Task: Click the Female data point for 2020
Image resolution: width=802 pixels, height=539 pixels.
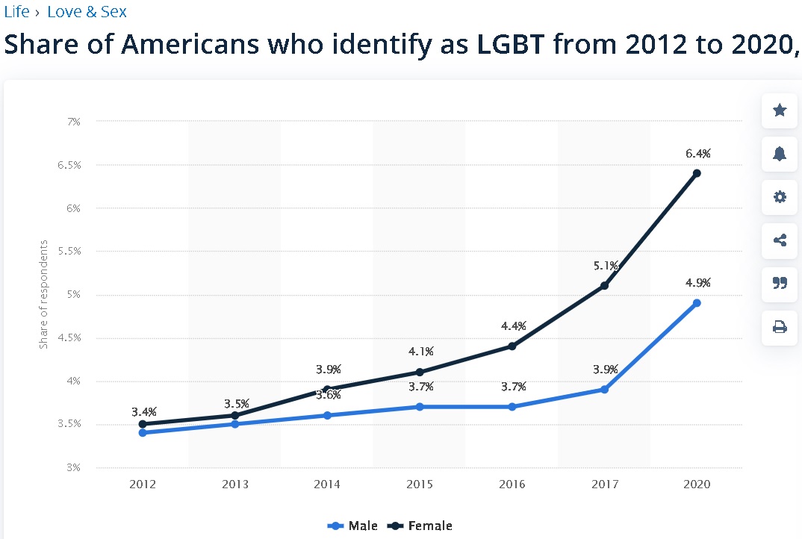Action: tap(697, 173)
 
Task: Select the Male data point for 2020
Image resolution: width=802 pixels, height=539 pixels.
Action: tap(697, 303)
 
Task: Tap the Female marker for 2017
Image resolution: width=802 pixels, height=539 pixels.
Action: tap(604, 286)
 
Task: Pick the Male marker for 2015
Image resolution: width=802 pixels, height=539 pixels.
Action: tap(420, 407)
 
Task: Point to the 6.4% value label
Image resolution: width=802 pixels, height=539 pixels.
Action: tap(698, 154)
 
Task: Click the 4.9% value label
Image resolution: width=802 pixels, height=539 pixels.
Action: tap(698, 283)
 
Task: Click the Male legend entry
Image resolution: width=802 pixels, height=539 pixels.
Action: tap(353, 526)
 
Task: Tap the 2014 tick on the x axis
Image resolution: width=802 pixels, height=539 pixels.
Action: tap(327, 484)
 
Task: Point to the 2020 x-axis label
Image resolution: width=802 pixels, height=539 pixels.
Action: tap(697, 484)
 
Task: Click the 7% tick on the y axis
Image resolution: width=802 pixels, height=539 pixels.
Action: tap(73, 121)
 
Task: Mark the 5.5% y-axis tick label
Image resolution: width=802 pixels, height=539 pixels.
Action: tap(69, 251)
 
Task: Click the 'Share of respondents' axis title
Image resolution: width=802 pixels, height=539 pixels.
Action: tap(44, 294)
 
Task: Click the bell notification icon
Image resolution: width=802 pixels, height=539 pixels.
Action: tap(780, 154)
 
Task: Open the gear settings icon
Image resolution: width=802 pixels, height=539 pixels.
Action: tap(780, 197)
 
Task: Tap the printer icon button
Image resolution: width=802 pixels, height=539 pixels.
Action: tap(780, 326)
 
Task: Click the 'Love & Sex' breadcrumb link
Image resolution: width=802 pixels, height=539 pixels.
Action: tap(87, 12)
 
